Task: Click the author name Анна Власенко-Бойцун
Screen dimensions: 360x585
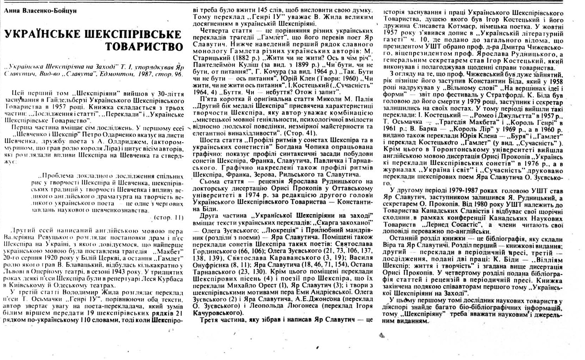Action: (x=40, y=11)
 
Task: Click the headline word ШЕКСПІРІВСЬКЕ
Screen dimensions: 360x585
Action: (x=133, y=35)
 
